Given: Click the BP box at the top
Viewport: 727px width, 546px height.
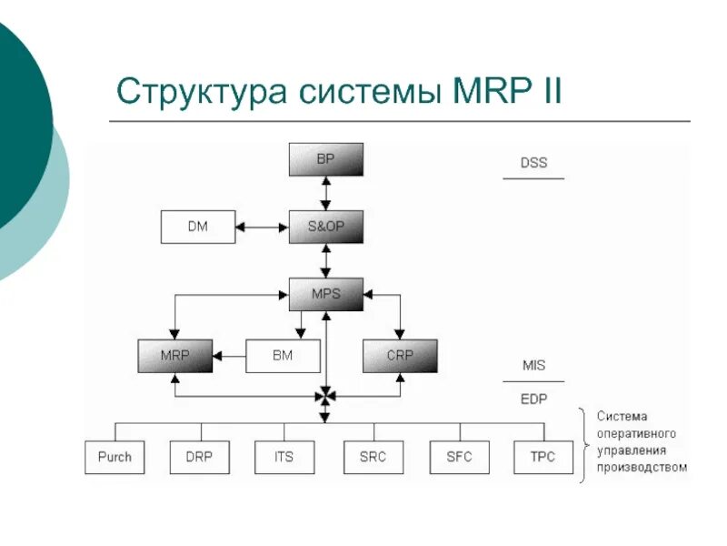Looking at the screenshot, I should coord(325,159).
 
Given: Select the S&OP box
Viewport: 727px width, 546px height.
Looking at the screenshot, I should coord(325,227).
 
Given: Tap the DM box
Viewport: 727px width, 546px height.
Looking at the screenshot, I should coord(197,227).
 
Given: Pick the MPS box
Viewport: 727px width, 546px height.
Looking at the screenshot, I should coord(325,294).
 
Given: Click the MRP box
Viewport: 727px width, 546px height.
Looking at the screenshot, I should coord(174,356).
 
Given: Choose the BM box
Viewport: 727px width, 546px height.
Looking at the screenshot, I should coord(283,356).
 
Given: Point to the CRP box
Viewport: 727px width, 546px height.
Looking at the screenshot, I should coord(400,356).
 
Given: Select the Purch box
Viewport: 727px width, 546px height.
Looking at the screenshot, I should coord(115,457).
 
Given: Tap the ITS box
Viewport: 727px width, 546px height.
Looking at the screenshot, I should coord(284,457).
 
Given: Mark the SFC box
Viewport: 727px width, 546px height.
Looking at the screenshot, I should coord(459,457).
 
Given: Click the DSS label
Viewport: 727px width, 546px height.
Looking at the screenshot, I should coord(533,164).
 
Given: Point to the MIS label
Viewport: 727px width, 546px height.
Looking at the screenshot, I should coord(533,366).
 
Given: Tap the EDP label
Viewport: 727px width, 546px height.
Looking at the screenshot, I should coord(533,399).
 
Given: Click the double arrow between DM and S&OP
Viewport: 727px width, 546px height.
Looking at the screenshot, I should coord(262,227).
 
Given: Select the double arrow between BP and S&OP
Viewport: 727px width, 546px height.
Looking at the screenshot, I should coord(325,193).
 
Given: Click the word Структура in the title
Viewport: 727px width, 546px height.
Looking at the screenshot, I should coord(194,92).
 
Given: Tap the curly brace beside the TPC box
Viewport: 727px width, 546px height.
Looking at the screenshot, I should coord(584,445).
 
